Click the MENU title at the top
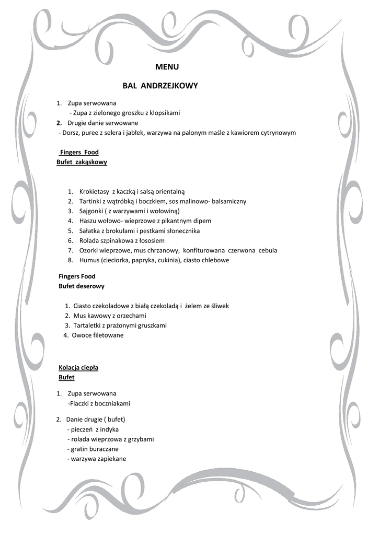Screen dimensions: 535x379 (167, 67)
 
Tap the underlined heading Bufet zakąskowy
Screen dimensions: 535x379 (82, 162)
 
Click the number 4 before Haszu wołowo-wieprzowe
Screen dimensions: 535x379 (70, 221)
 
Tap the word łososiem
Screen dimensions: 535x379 (152, 241)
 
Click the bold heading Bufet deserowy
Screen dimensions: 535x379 (81, 286)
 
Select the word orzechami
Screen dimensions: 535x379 (131, 316)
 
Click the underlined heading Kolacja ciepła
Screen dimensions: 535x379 (78, 368)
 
